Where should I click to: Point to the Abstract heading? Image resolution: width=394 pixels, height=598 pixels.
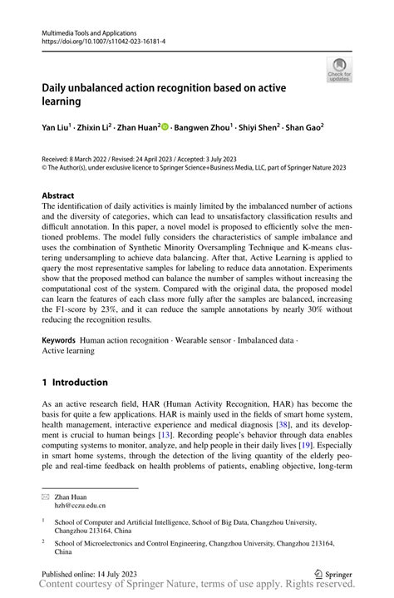(58, 195)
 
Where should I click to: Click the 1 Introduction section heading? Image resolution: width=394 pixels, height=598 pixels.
(75, 383)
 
